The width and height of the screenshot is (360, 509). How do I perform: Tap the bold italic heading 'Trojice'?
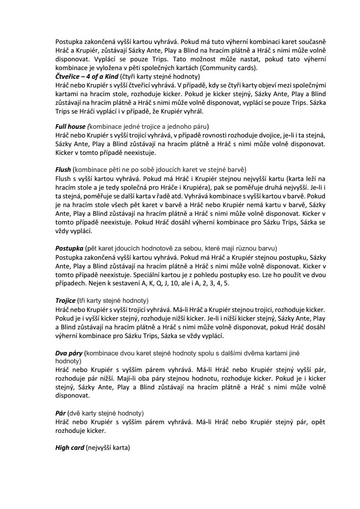[65, 301]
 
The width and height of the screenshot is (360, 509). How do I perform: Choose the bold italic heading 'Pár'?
[60, 412]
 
